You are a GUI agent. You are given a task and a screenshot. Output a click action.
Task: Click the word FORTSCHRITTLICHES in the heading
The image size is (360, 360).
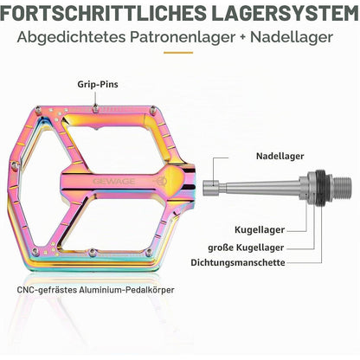click(x=104, y=13)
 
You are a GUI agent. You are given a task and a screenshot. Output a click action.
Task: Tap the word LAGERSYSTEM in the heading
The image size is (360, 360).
click(x=286, y=13)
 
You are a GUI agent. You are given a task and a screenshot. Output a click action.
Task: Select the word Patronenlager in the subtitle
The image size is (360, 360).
click(x=183, y=38)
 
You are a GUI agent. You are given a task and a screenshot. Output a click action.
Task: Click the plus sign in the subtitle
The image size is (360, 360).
click(x=243, y=38)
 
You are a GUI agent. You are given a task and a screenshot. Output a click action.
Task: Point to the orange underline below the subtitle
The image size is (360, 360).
click(x=178, y=53)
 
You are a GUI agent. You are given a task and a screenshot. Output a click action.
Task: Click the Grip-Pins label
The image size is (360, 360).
click(x=98, y=85)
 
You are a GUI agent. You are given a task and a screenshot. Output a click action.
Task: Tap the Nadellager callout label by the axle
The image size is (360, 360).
click(x=280, y=156)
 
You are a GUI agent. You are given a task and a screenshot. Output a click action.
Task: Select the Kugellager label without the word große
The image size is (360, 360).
click(x=260, y=230)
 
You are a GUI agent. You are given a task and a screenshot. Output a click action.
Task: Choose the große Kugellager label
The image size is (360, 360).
click(x=246, y=247)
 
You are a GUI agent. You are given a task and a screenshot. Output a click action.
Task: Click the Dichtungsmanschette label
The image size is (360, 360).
click(x=238, y=262)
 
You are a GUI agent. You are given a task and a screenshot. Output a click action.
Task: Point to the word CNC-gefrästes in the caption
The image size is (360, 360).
click(x=47, y=290)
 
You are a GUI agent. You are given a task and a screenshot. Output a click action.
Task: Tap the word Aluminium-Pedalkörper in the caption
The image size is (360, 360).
click(x=127, y=290)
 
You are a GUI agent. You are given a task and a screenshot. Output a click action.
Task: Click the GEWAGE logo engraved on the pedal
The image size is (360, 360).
click(x=113, y=182)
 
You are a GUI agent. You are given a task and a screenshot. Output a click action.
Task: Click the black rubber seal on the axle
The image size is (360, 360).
click(x=321, y=188)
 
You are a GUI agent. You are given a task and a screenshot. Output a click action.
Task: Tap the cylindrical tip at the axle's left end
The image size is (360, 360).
click(x=210, y=188)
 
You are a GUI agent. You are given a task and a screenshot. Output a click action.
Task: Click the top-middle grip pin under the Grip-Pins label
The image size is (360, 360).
click(x=95, y=108)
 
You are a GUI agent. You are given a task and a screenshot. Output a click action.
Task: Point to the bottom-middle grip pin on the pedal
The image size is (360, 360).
click(x=93, y=253)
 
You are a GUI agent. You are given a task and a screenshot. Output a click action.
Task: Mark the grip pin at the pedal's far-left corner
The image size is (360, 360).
click(x=14, y=164)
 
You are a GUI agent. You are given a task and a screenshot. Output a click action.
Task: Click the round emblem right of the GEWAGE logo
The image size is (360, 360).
click(x=160, y=181)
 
